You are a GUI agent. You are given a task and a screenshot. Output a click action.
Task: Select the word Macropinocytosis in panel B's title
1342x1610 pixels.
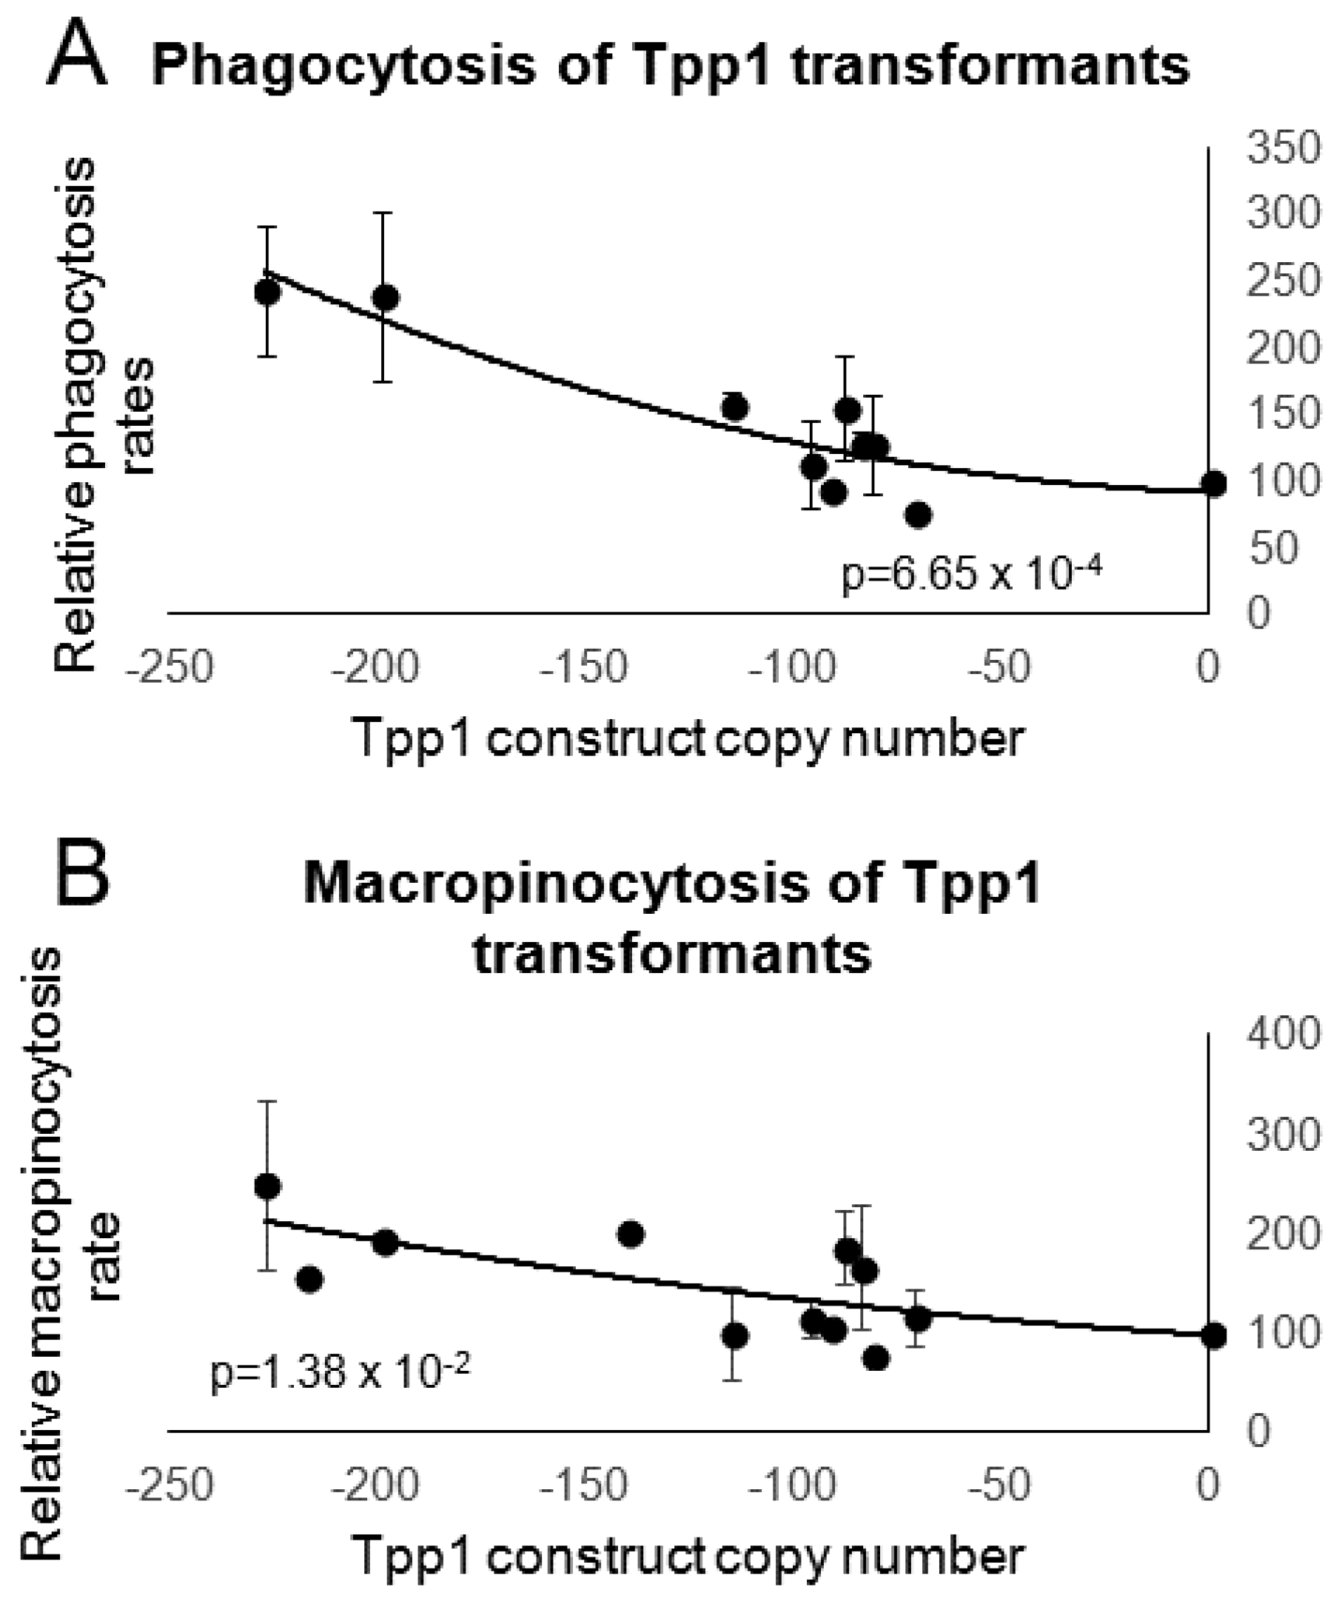[555, 885]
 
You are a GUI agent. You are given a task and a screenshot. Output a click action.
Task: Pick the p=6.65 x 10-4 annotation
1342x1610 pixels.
[972, 573]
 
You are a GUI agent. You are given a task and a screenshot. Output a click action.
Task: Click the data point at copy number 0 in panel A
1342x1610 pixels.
[1213, 484]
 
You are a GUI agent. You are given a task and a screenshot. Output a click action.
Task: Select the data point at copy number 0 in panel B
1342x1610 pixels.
[1213, 1335]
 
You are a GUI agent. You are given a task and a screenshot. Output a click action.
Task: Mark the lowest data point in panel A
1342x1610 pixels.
[918, 515]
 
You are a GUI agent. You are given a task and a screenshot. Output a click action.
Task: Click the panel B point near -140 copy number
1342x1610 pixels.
[630, 1235]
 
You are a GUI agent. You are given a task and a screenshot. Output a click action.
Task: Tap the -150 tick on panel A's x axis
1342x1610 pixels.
[584, 668]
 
